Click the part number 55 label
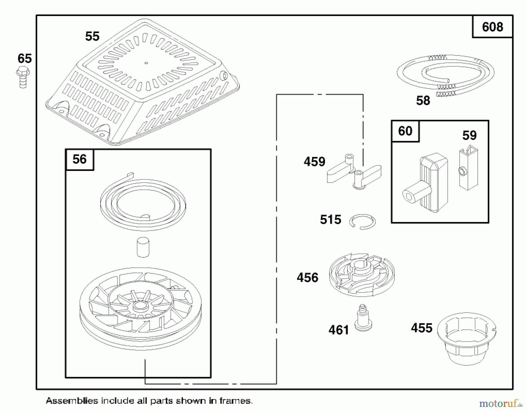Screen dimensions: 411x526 (92, 37)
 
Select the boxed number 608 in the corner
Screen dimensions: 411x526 (492, 27)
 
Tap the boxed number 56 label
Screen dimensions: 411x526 (79, 159)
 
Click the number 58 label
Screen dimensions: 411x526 (423, 101)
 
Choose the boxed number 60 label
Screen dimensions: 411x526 (405, 131)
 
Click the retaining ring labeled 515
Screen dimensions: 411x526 (362, 222)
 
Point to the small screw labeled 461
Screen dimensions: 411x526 (363, 321)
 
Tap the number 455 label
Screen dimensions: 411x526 (421, 328)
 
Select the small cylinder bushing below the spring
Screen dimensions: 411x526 (143, 247)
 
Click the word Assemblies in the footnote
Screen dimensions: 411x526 (72, 401)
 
